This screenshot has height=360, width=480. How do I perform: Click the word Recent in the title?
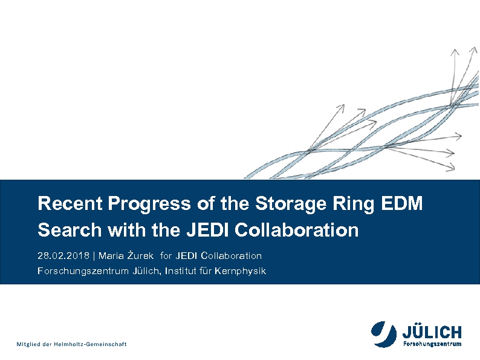70,203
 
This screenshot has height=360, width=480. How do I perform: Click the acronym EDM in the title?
401,203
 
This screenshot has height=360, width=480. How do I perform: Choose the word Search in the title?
70,230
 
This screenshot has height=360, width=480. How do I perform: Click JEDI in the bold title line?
207,230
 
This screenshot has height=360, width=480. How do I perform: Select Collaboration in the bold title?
296,230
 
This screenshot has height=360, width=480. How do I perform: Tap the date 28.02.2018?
63,255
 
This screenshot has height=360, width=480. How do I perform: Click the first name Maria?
111,255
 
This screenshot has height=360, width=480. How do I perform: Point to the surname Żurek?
140,255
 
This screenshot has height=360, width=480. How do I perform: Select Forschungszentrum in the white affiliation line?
83,272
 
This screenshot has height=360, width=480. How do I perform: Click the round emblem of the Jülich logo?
384,334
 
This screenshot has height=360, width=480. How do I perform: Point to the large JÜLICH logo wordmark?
432,332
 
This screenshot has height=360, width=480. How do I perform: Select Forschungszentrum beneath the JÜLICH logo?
432,344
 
